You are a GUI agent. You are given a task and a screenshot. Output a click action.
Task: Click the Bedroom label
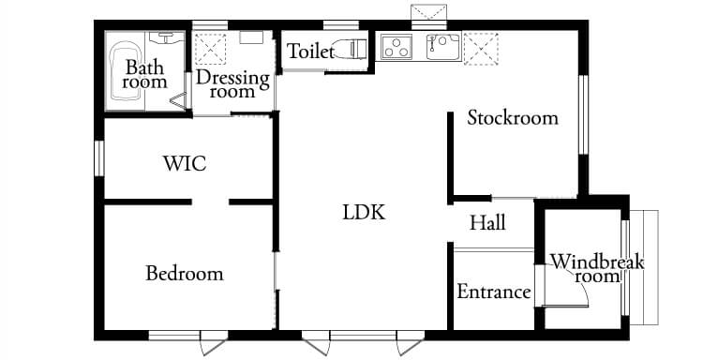coord(185,274)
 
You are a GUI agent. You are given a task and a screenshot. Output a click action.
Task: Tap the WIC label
coord(184,163)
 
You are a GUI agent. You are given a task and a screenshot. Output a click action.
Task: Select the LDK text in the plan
coord(364,212)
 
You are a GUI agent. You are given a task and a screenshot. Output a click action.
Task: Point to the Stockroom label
coord(513,118)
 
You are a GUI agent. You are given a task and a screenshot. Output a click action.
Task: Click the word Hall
coord(487,223)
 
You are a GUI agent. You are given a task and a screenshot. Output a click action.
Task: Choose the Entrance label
coord(493,292)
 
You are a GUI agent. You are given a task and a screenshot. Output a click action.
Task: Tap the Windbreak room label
coord(596,268)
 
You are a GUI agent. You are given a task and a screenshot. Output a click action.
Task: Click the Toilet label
coord(310,52)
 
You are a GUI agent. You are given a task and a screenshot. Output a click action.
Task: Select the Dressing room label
coord(232,84)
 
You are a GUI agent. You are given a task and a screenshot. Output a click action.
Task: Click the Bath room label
coord(144,75)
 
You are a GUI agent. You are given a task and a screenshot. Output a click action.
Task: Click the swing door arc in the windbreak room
coord(573,293)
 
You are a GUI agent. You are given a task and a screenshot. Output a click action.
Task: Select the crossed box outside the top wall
coord(429,11)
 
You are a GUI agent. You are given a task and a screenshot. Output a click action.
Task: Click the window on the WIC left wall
coord(97,157)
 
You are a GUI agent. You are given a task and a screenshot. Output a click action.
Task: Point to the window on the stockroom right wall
coord(583,112)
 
